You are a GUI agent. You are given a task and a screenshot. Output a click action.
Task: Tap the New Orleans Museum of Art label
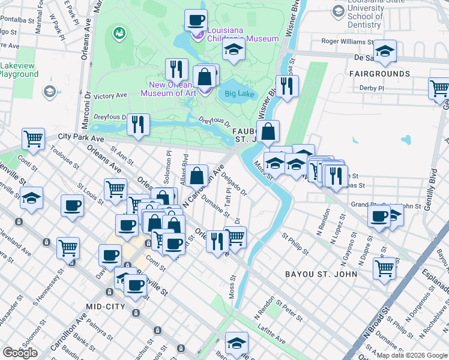click(x=172, y=89)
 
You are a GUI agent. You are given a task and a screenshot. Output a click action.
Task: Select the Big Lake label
click(x=240, y=94)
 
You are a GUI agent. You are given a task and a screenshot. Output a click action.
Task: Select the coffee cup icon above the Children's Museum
click(x=196, y=20)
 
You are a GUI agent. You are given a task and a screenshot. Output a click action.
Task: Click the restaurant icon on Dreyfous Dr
click(x=139, y=124)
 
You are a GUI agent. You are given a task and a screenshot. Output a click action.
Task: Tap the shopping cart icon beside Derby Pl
click(x=439, y=88)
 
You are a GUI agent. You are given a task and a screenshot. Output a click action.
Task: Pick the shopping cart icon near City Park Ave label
click(x=34, y=138)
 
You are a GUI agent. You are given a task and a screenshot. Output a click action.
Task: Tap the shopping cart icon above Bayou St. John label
click(x=384, y=268)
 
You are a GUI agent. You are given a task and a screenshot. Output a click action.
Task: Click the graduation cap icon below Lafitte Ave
click(x=237, y=343)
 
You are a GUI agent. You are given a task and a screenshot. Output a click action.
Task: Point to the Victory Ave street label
click(x=111, y=95)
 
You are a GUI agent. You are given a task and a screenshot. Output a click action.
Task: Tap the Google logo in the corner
click(x=20, y=353)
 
